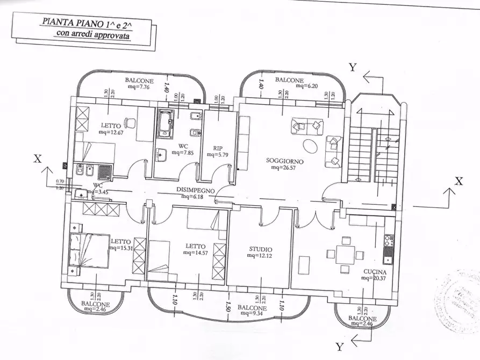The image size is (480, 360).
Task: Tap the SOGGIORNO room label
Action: point(285,161)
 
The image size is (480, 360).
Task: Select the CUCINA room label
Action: point(374,272)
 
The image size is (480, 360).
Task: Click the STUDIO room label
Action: point(260,249)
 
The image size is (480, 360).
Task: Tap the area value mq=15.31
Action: point(121,248)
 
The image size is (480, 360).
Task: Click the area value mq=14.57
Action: point(195,252)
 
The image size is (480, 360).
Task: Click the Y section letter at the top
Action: point(353,67)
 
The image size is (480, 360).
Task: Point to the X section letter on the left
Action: point(37,159)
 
